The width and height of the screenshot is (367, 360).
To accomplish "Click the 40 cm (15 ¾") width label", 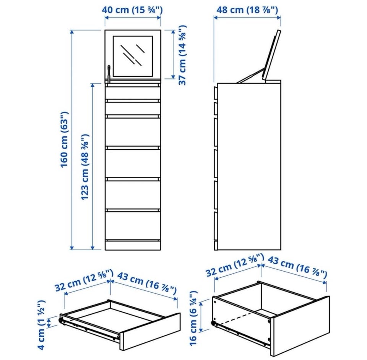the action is [132, 10].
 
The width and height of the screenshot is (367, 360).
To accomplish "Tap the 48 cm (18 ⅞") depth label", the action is [247, 10].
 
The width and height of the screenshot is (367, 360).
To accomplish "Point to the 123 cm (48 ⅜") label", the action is [85, 167].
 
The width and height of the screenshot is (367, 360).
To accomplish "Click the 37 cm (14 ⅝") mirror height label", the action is [182, 55].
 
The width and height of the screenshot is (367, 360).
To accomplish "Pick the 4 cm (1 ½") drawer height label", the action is [41, 325].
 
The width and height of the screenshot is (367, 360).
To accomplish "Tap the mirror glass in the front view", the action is [133, 56].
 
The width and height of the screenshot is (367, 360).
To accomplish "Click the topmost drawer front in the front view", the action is [133, 93].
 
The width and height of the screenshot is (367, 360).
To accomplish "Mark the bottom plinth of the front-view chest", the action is [133, 246].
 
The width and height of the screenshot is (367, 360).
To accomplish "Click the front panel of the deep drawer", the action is [300, 326].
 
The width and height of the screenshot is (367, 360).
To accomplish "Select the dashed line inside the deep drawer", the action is [238, 318].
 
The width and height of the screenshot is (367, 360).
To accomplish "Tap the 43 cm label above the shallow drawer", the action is [146, 283].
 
